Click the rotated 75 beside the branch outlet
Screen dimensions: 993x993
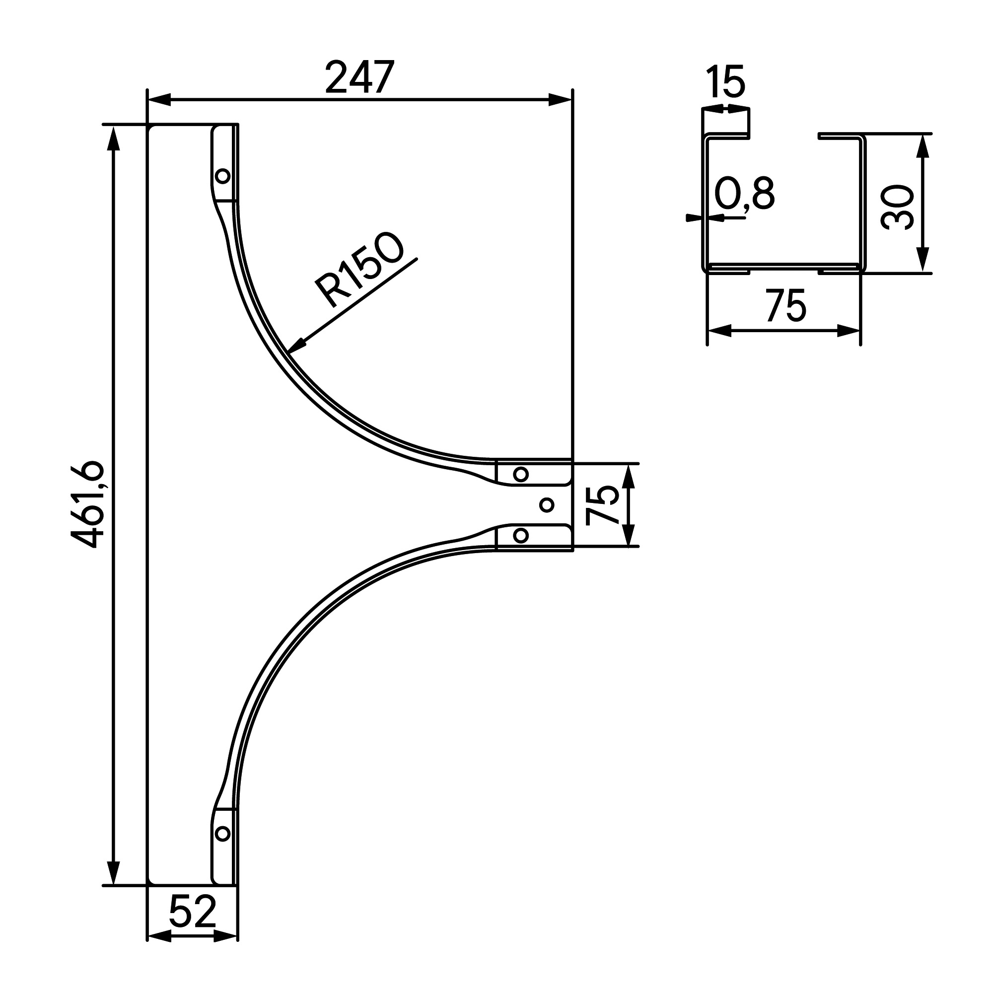pos(602,505)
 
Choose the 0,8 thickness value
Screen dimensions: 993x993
pos(744,194)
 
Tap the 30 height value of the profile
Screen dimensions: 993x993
pos(897,207)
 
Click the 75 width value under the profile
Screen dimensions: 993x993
pos(786,306)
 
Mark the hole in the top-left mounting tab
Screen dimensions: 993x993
pos(222,176)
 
